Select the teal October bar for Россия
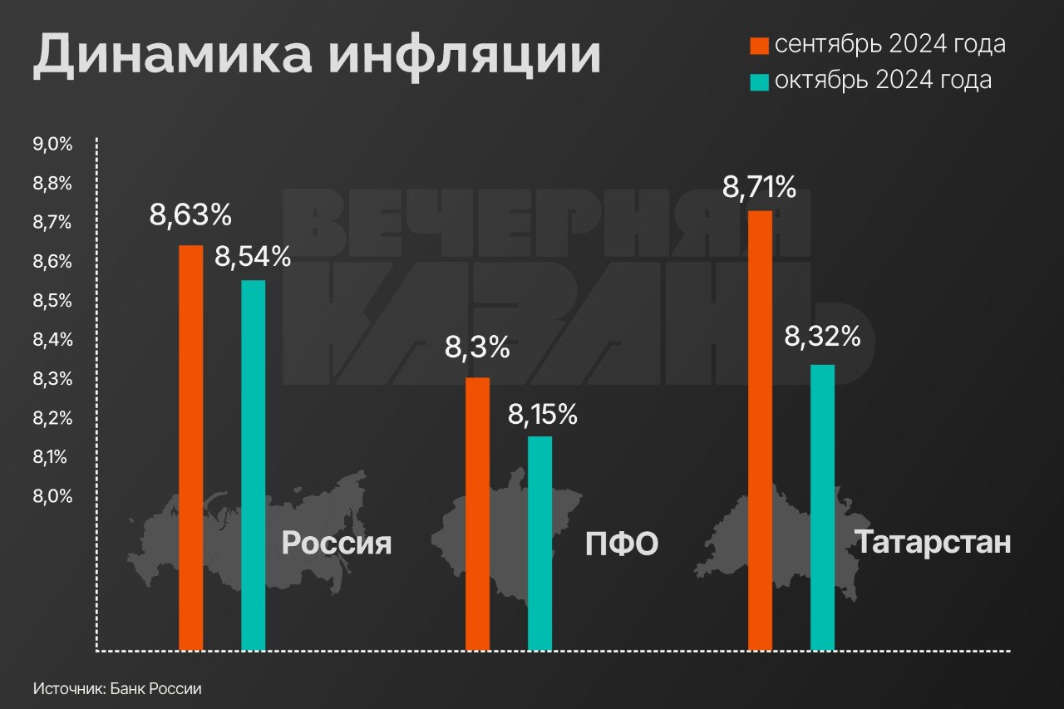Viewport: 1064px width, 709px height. coord(253,465)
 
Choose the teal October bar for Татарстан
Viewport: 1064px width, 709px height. coord(822,507)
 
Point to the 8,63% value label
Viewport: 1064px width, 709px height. coord(190,216)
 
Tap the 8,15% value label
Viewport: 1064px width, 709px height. coord(543,415)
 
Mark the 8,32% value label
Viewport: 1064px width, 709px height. coord(822,337)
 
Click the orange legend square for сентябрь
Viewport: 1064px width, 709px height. coord(758,45)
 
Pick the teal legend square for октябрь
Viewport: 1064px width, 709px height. coord(758,81)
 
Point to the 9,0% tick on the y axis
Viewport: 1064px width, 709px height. coord(52,145)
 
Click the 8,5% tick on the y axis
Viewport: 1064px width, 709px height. coord(52,301)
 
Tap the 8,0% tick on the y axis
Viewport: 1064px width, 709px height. coord(52,496)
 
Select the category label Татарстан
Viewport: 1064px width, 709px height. coord(933,542)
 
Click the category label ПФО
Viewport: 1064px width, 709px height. coord(622,544)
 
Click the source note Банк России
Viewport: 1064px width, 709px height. coord(155,689)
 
